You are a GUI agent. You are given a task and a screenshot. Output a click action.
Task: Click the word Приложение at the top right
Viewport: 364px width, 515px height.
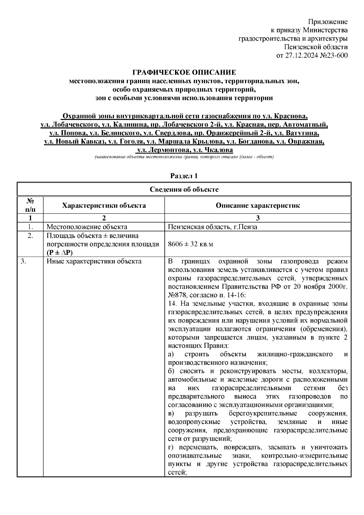tap(328, 22)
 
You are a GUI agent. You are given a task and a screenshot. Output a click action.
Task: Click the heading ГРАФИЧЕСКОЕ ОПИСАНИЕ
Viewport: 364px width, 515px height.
tap(184, 73)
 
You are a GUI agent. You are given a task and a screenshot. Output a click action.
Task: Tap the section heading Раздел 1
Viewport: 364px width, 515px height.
tap(184, 176)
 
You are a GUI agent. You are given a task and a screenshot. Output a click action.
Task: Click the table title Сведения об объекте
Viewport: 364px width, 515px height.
tap(184, 190)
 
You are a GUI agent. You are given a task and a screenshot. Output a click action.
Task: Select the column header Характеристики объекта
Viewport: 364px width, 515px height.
tap(104, 206)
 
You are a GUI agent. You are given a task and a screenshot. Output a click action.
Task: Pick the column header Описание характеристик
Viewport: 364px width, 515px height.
tap(258, 206)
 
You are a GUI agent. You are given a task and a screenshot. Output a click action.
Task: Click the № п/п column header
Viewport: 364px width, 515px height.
tap(30, 205)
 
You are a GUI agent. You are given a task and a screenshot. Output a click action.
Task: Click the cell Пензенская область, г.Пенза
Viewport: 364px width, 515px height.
tap(212, 227)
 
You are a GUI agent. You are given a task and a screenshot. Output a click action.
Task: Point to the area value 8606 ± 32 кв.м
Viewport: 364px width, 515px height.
tap(190, 244)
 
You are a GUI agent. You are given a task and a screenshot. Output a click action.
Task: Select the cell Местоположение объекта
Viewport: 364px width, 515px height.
tap(87, 227)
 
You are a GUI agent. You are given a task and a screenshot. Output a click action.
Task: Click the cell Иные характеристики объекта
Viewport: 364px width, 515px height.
tap(94, 261)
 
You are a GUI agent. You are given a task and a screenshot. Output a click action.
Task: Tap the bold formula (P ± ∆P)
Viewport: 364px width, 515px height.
tap(60, 253)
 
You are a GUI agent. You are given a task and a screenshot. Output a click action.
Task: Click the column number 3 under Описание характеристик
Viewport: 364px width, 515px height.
tap(258, 218)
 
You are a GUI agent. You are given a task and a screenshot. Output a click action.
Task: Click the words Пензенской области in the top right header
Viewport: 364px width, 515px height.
tap(316, 47)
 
